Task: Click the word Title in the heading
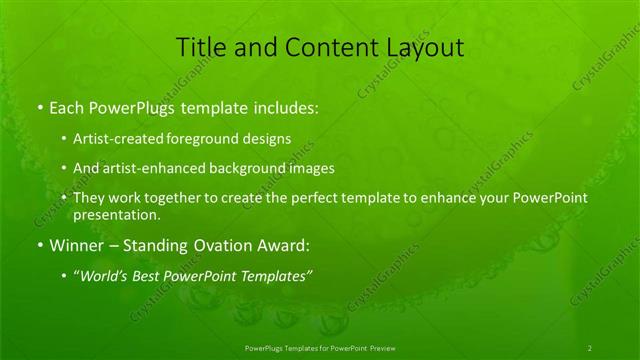coord(200,48)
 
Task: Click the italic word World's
coord(101,276)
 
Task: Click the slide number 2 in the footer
coord(589,347)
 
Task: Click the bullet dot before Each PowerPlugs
coord(38,106)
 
